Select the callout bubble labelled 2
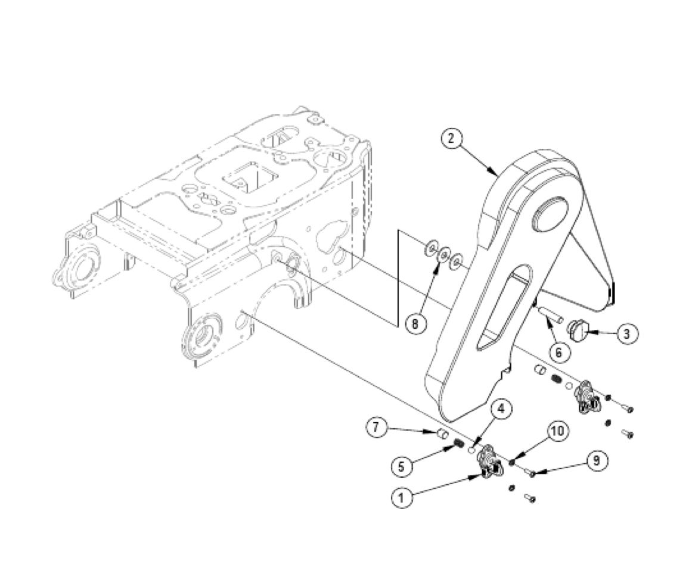(451, 139)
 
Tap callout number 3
(624, 333)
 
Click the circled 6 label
(558, 352)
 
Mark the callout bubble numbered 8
(415, 324)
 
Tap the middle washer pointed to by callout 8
(443, 257)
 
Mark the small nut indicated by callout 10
(513, 462)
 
